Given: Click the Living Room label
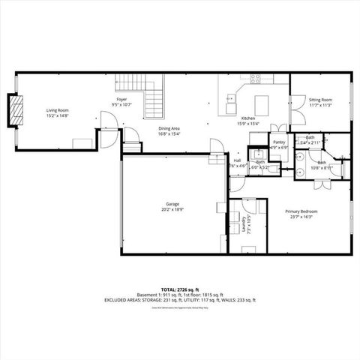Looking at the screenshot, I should [57, 109].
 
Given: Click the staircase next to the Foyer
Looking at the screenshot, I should [154, 93].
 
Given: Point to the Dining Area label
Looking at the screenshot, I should [169, 129].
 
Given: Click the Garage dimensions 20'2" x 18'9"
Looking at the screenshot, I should [172, 211].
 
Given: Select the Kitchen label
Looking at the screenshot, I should [248, 119].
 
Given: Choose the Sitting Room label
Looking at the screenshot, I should [320, 100].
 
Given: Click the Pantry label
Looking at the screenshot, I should [279, 142].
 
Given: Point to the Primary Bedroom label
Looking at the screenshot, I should [302, 211].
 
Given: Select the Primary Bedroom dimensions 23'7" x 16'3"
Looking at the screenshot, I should [302, 218].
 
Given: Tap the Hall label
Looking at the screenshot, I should [237, 160].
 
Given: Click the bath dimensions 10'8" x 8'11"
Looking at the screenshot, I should [321, 169].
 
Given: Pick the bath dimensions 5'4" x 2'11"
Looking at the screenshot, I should [310, 142].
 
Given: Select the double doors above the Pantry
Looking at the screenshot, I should [277, 127].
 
